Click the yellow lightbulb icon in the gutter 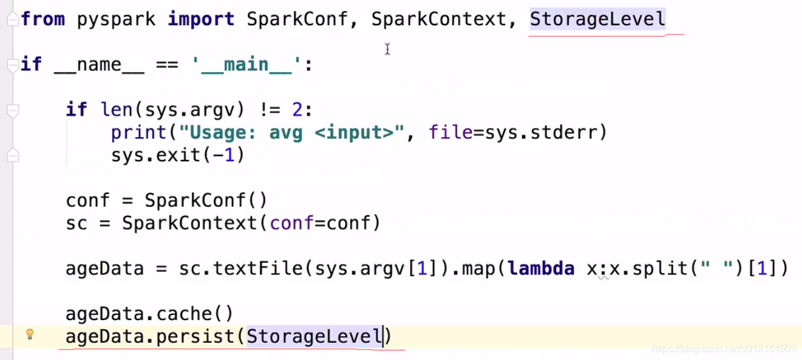coord(29,335)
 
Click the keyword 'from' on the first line coord(43,19)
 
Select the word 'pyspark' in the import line coord(116,19)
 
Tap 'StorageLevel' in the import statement coord(597,19)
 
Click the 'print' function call coord(139,132)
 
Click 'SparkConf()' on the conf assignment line coord(206,201)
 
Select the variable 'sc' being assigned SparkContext coord(77,223)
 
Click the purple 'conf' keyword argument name coord(292,223)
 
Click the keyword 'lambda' coord(541,268)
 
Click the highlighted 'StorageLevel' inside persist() coord(314,337)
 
